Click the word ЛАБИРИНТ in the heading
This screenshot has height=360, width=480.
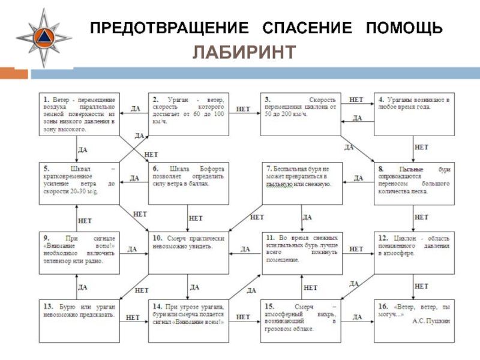tap(244, 52)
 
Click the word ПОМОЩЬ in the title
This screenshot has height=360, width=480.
tap(404, 28)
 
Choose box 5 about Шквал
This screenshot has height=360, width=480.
tap(79, 182)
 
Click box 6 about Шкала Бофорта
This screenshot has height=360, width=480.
tap(188, 182)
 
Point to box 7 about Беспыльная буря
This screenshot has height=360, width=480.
tap(301, 182)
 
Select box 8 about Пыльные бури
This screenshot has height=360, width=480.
tap(413, 182)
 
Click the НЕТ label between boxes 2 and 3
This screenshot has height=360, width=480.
tap(243, 109)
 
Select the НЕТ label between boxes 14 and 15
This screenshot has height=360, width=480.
tap(243, 316)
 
